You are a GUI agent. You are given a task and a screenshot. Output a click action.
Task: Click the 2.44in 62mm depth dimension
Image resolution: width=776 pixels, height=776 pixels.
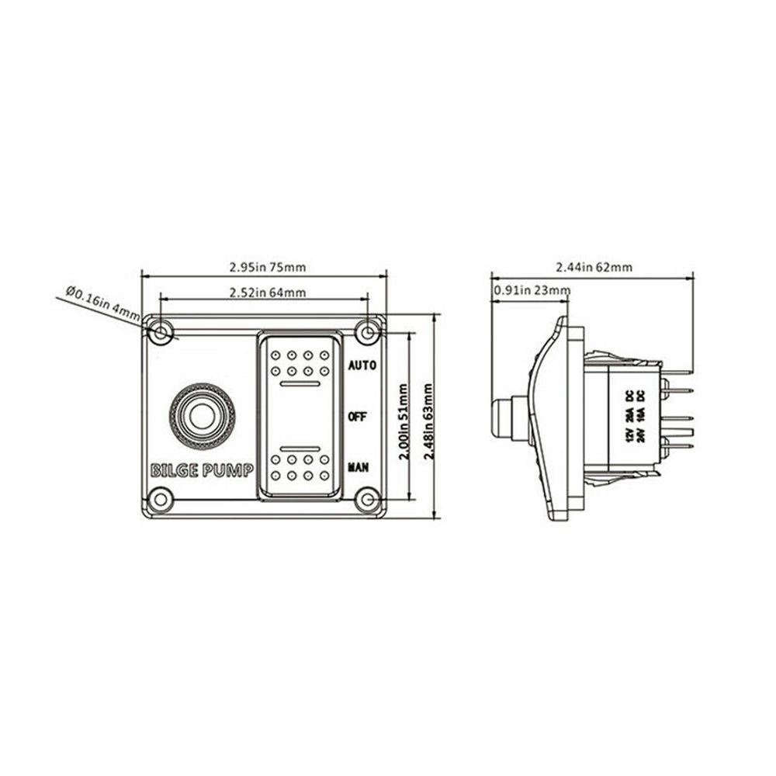(x=594, y=267)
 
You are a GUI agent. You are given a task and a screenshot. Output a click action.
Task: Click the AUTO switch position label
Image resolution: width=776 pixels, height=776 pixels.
(x=362, y=365)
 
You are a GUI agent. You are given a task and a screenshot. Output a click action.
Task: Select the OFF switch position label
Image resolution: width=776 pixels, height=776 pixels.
(x=358, y=417)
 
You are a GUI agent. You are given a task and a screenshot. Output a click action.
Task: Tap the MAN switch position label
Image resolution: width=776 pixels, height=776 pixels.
(x=359, y=468)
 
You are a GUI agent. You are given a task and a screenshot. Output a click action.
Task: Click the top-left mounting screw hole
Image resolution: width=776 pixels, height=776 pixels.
(x=161, y=334)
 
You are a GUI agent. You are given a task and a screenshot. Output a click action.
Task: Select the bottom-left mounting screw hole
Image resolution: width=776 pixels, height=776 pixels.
(x=161, y=500)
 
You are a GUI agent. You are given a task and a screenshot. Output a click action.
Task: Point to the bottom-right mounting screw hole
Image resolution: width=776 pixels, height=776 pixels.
(x=366, y=500)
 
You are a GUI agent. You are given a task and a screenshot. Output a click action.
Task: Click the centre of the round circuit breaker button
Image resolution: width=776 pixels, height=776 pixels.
(x=201, y=415)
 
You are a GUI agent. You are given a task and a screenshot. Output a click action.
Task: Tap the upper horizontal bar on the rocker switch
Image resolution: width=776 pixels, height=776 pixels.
(x=299, y=384)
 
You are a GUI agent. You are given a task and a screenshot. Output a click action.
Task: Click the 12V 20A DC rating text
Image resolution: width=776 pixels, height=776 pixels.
(x=629, y=415)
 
